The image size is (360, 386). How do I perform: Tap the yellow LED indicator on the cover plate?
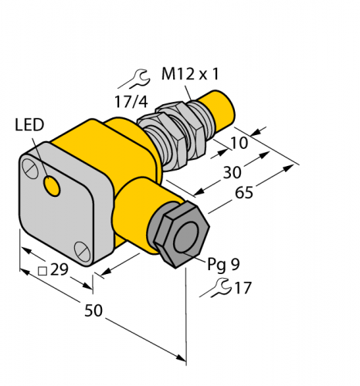53,185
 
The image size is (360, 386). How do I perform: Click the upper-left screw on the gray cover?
30,166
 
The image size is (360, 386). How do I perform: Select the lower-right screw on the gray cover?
83,249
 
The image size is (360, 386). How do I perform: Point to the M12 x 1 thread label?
189,75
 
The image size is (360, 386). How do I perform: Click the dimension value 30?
232,172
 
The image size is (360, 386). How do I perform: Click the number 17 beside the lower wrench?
243,290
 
